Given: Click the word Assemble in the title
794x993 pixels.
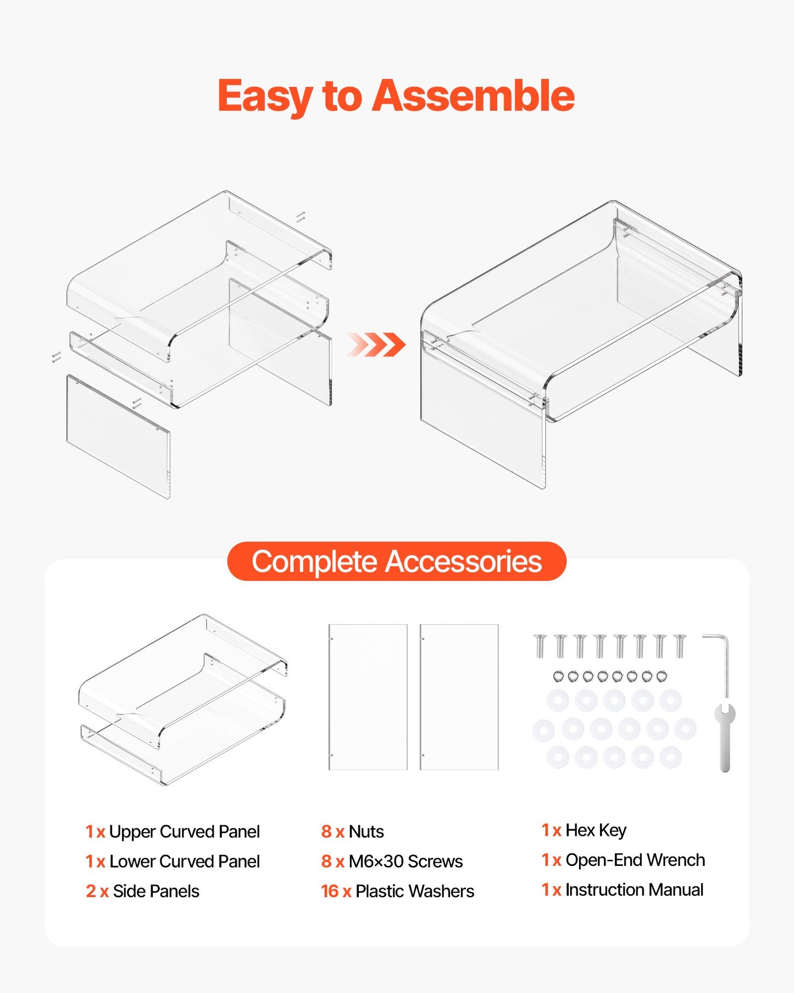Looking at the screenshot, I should coord(473,96).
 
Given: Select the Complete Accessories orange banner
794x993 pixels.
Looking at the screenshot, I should coord(396,561).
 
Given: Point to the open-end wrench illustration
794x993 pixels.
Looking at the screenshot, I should coord(725,737).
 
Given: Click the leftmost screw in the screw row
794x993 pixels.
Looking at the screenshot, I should coord(540,646).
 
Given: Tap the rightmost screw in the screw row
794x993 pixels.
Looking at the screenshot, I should coord(680,646).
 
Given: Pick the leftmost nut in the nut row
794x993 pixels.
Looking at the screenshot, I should coord(558,676).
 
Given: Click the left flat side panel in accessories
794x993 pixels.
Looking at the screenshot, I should coord(368,697).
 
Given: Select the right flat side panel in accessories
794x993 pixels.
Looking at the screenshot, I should coord(459,697).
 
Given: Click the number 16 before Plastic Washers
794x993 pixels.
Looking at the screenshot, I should coord(330,891).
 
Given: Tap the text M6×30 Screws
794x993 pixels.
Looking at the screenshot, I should coord(406,861).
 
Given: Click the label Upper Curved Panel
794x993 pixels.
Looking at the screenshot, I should coord(184,831).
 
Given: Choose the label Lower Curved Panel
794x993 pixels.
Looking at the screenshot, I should coord(184,861).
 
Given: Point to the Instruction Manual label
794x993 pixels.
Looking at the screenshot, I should coord(634,890).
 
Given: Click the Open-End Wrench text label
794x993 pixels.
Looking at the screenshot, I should coord(635,860).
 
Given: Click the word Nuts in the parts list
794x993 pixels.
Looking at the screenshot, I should coord(366,831).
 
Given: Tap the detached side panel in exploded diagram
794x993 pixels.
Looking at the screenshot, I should coord(118,436).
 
